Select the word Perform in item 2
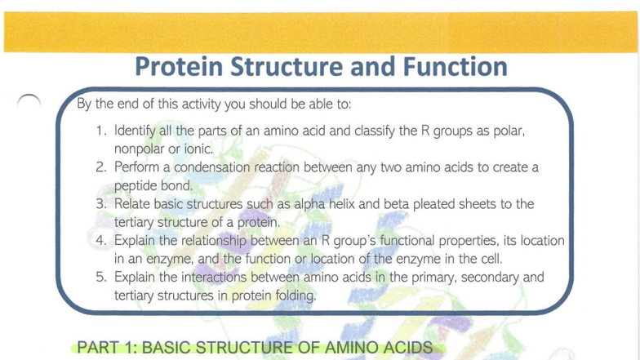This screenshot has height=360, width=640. (136, 168)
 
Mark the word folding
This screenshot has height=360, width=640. (292, 296)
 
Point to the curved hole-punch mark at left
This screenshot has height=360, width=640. (29, 100)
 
